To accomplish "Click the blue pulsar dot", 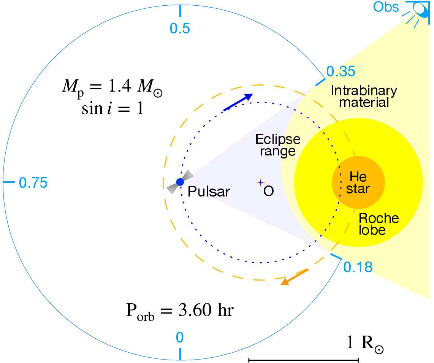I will click(180, 182).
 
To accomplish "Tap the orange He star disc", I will click(358, 182).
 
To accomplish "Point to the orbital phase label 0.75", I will click(33, 183).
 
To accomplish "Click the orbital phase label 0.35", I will click(341, 71).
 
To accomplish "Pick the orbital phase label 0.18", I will click(358, 267).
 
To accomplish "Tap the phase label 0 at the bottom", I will click(180, 337).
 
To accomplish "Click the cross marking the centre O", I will click(260, 183).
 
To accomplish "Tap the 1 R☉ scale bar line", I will click(303, 359).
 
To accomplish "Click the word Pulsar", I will click(209, 191).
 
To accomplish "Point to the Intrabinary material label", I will click(364, 96).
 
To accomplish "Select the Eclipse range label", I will click(278, 144).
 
